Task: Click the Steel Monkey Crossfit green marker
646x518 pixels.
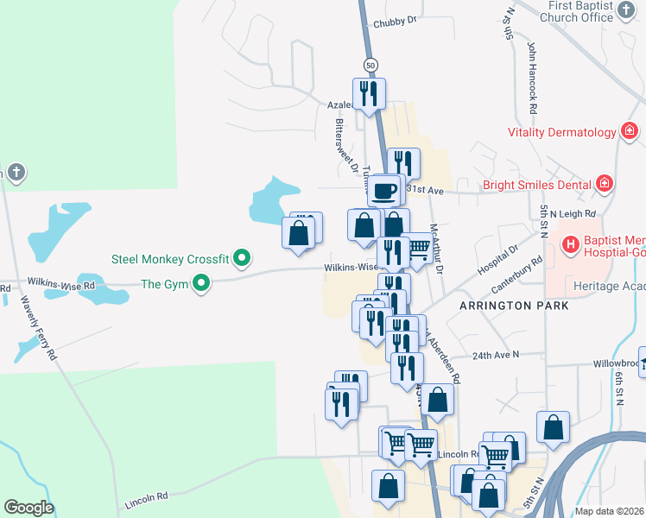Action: tap(243, 257)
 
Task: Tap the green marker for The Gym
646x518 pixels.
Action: tap(201, 282)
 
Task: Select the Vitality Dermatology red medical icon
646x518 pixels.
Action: tap(630, 132)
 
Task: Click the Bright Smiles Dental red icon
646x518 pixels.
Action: tap(605, 184)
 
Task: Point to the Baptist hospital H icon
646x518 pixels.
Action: tap(570, 245)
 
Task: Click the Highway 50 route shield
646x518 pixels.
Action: tap(370, 65)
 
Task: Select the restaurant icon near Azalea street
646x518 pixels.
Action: tap(369, 92)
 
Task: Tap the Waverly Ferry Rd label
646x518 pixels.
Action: tap(39, 328)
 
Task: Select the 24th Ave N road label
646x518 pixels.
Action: tap(497, 355)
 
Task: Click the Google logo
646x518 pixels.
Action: tap(28, 508)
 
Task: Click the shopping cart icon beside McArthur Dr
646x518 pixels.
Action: tap(419, 249)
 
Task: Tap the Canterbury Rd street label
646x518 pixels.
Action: tap(522, 275)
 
